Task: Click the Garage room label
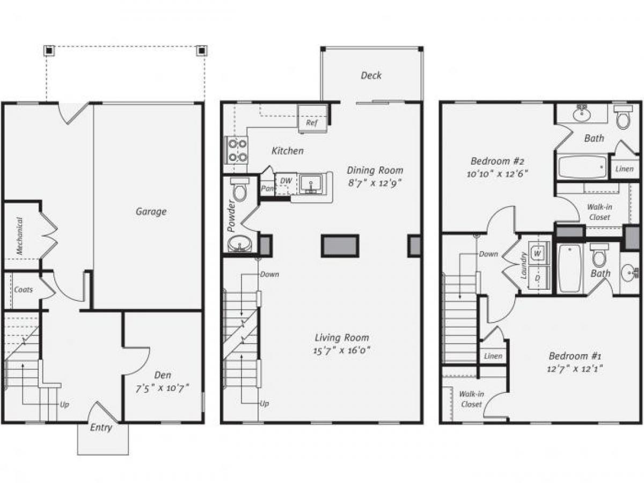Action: pyautogui.click(x=151, y=211)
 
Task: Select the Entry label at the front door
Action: pyautogui.click(x=101, y=428)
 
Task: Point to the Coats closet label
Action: pyautogui.click(x=23, y=289)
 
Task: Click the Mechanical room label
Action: pyautogui.click(x=19, y=236)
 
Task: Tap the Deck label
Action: pyautogui.click(x=371, y=76)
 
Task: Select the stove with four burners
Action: pyautogui.click(x=236, y=150)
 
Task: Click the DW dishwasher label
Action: pyautogui.click(x=287, y=181)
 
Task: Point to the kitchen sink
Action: pyautogui.click(x=311, y=184)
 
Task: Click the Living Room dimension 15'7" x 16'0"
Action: pyautogui.click(x=341, y=350)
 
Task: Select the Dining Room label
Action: pyautogui.click(x=375, y=170)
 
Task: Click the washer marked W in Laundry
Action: pyautogui.click(x=537, y=251)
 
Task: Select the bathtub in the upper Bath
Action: pyautogui.click(x=582, y=167)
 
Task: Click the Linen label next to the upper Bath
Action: pyautogui.click(x=624, y=169)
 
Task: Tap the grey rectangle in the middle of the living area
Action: pyautogui.click(x=340, y=245)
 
